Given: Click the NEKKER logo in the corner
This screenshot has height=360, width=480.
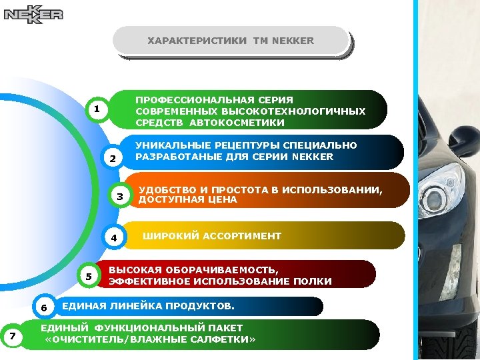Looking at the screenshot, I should click(x=33, y=14).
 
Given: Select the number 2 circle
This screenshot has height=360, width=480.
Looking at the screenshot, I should click(x=113, y=159).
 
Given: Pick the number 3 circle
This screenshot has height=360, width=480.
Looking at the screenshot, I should click(x=120, y=197).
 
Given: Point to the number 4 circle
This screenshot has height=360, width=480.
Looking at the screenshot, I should click(x=114, y=237).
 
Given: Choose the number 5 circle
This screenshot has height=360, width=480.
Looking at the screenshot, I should click(x=89, y=276).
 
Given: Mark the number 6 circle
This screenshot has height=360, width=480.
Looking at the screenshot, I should click(x=43, y=307).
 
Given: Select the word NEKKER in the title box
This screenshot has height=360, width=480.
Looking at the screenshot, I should click(x=292, y=41).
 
